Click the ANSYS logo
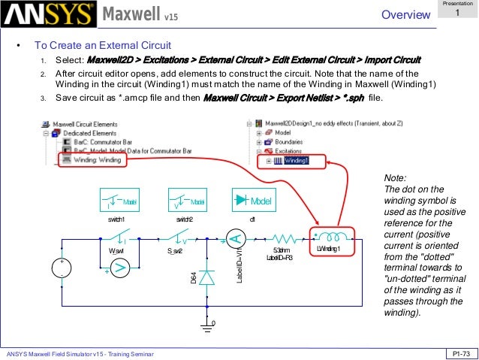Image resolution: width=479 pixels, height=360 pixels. point(49,14)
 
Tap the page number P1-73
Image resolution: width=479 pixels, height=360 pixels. point(459,353)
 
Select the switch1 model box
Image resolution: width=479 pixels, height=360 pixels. point(121,201)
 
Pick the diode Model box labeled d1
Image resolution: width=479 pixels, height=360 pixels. point(252,201)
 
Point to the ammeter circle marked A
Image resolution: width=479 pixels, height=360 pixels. point(234,240)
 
